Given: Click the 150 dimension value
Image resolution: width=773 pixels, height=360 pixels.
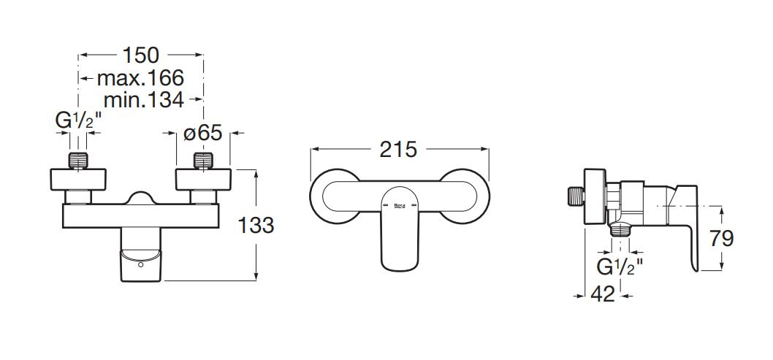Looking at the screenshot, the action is tap(141, 55).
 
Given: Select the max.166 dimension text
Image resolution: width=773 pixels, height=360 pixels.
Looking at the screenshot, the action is tap(140, 78).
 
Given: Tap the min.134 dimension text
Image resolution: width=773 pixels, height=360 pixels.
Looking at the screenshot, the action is tap(144, 99).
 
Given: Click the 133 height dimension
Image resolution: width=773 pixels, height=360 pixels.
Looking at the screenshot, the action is tap(256, 226).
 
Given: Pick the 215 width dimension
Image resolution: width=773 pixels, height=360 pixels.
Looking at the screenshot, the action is tap(398, 150).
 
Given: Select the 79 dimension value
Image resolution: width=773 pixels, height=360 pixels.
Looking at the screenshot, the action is tap(722, 239).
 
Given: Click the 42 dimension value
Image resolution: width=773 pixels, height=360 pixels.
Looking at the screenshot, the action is tap(603, 294).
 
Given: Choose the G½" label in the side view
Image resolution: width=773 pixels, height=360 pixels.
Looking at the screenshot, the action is tap(620, 267).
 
